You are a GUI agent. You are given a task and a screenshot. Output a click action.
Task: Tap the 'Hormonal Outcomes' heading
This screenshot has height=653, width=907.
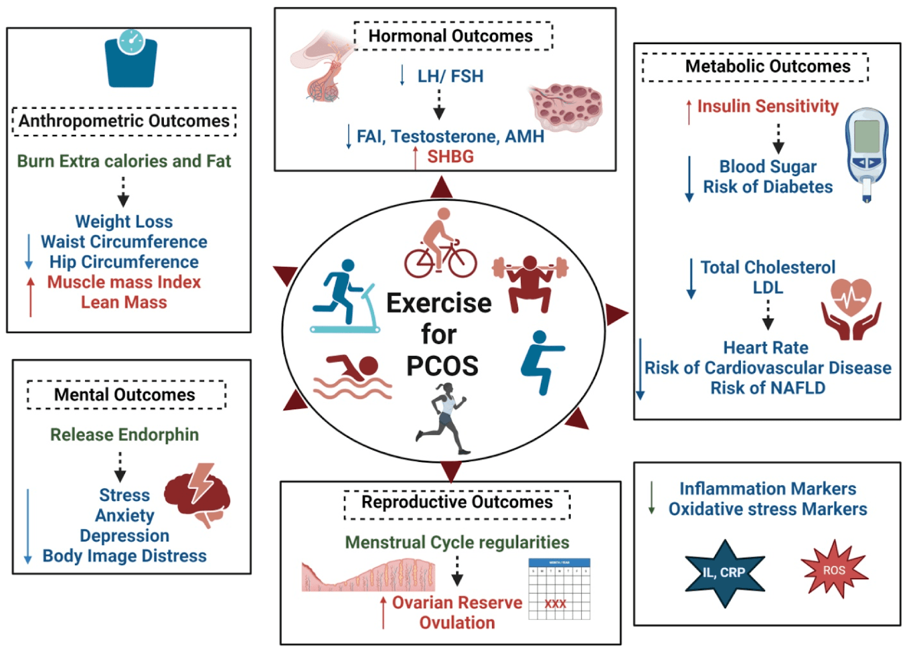[x=450, y=36]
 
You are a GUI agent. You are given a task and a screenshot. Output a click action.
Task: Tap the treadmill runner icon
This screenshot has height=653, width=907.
[x=345, y=296]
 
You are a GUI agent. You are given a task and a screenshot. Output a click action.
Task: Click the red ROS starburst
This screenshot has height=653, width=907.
[x=834, y=569]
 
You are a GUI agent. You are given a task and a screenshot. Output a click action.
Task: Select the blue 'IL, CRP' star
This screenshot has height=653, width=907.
[x=724, y=573]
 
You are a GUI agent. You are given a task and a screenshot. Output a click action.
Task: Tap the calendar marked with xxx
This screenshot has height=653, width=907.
[x=559, y=589]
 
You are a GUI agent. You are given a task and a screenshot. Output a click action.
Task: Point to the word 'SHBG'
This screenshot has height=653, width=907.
[x=451, y=156]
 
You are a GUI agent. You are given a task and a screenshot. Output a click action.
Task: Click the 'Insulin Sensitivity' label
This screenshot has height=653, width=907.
[x=768, y=106]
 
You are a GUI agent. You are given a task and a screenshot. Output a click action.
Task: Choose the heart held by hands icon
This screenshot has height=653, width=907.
[x=851, y=309]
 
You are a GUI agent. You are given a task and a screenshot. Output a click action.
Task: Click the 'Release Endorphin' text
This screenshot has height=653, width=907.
[x=124, y=435]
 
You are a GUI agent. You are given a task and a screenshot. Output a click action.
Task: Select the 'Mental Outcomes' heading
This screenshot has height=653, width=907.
[x=125, y=395]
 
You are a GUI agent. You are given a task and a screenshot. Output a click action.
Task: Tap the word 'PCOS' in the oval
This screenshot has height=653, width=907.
[x=442, y=366]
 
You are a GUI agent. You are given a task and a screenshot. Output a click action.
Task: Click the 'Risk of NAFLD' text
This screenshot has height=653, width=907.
[x=768, y=388]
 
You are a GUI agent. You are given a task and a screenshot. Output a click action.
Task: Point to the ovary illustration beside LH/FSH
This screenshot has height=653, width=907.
[x=566, y=108]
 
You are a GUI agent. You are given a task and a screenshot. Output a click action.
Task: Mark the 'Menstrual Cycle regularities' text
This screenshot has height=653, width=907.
[x=457, y=542]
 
